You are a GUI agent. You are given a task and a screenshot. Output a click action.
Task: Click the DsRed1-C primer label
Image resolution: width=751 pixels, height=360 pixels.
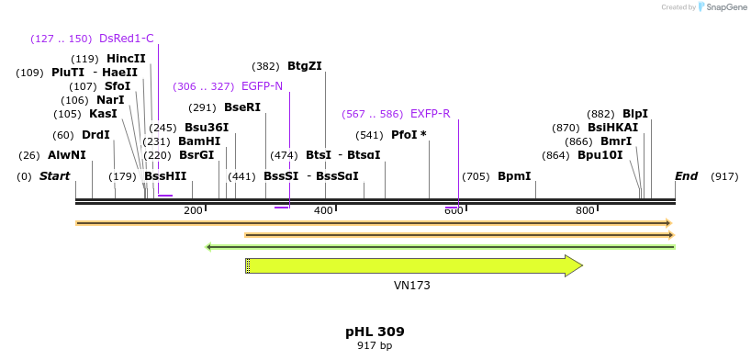[127, 39]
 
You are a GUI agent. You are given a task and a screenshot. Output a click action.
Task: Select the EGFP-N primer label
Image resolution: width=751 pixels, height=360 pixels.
[262, 86]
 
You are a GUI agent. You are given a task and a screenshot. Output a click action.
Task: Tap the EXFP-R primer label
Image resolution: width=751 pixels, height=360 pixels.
[430, 114]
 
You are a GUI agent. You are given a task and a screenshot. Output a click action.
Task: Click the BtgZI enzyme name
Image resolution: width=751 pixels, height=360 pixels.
[305, 66]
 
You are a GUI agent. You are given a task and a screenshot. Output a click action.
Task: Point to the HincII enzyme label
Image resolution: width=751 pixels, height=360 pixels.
[126, 59]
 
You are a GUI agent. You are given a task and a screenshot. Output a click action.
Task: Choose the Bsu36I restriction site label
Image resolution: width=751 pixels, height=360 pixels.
[207, 128]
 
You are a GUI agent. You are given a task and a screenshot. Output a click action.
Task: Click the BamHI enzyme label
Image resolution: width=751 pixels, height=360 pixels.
[199, 141]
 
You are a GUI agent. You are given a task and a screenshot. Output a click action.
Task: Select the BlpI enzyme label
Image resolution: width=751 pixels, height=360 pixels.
[635, 114]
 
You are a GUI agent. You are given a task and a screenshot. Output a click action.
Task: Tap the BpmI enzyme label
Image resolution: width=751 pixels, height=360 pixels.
[514, 176]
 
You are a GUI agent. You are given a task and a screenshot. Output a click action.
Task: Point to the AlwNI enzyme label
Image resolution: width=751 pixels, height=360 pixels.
[67, 155]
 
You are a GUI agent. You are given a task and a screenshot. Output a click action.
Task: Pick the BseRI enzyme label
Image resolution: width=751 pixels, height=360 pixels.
[242, 107]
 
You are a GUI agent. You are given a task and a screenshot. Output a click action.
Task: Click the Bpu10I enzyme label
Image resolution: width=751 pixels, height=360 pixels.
[600, 155]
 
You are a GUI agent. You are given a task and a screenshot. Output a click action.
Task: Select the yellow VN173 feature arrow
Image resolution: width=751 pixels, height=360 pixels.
[413, 266]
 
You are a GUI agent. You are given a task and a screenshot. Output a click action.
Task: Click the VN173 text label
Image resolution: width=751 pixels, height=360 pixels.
[412, 286]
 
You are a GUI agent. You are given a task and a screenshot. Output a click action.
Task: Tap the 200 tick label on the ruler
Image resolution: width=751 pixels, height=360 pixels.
[193, 210]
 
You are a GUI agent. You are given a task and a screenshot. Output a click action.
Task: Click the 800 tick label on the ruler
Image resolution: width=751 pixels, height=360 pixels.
[585, 210]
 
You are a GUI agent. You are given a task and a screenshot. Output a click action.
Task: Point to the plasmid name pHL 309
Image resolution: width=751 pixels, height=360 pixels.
[375, 332]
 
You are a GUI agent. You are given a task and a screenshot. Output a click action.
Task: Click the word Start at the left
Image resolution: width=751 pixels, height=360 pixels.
[54, 176]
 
